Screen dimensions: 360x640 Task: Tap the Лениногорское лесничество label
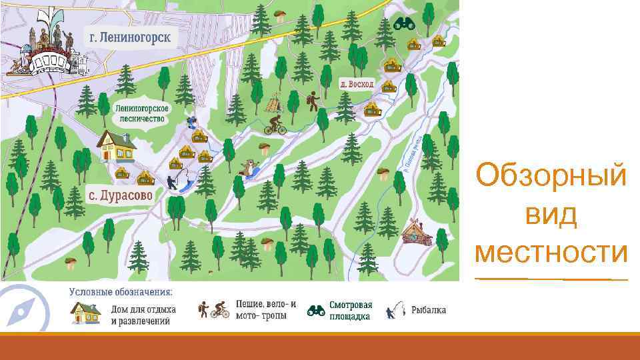click(143, 114)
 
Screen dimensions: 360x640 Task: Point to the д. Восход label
click(357, 85)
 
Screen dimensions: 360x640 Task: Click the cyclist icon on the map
click(274, 125)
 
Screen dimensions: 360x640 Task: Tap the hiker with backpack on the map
click(311, 101)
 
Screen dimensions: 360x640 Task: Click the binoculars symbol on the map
click(403, 25)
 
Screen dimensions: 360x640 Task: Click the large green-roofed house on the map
click(117, 146)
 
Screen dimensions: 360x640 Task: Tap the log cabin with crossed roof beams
click(417, 233)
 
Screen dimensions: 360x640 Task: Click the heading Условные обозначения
click(121, 292)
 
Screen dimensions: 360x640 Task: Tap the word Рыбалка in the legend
click(429, 310)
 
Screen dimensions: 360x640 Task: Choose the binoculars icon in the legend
click(316, 310)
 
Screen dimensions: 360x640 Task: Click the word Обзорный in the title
click(551, 177)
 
